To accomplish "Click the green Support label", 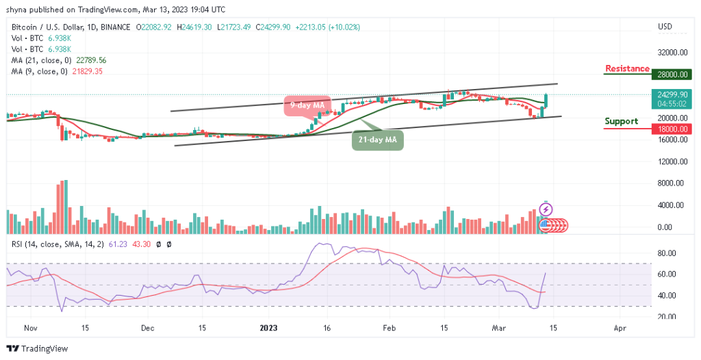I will [x=621, y=121].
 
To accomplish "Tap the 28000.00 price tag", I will [x=670, y=74].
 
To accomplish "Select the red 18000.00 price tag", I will [x=670, y=128].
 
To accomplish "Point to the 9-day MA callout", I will [x=306, y=105].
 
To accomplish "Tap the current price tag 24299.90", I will [x=670, y=95].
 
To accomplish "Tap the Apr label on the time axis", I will [x=620, y=329].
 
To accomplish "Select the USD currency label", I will [x=665, y=27].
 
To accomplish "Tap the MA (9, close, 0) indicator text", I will [x=55, y=71].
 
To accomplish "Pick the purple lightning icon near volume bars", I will [x=546, y=209].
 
